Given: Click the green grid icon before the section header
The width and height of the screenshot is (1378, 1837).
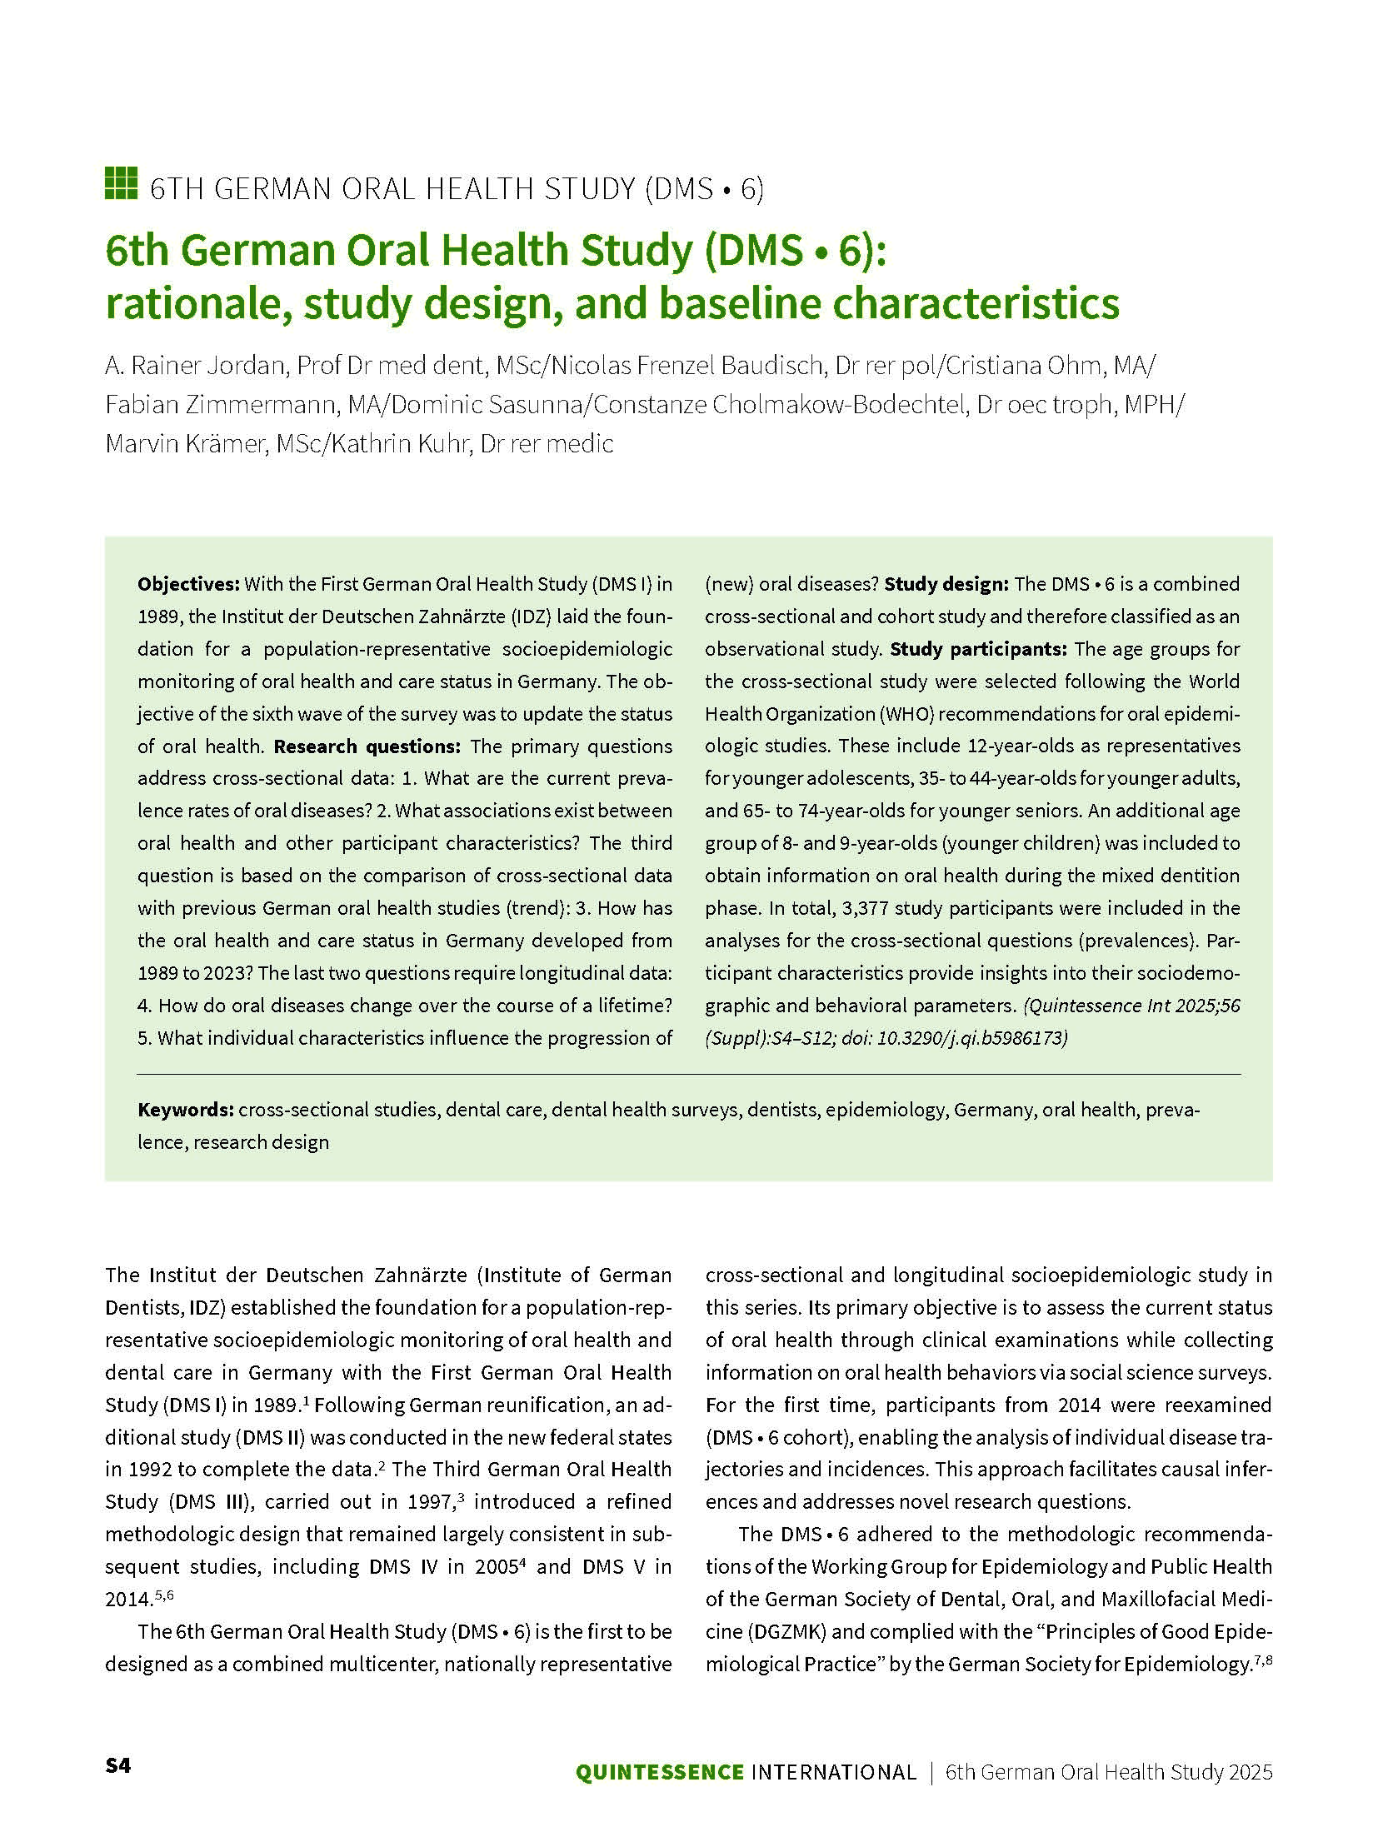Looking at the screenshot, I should point(121,183).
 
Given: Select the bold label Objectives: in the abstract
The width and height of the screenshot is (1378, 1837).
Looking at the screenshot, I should point(188,584).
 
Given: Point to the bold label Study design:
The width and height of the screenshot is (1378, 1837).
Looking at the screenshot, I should point(946,584).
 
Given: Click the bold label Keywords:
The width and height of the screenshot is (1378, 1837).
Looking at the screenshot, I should point(185,1110).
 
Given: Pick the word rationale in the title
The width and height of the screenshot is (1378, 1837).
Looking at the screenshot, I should point(197,304).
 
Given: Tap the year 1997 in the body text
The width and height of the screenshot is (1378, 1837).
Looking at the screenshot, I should point(430,1502).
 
